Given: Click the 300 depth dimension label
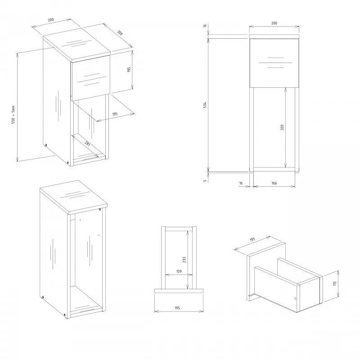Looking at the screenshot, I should (x=120, y=34).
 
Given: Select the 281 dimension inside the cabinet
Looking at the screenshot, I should (x=87, y=144).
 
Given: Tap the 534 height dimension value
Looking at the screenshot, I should (x=205, y=105).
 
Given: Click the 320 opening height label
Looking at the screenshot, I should (x=282, y=127).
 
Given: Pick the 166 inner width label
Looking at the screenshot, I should (x=274, y=183).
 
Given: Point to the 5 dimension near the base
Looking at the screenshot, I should (x=205, y=180).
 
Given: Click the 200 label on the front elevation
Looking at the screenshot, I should (x=274, y=23).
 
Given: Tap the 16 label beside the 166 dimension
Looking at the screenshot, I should (x=241, y=183).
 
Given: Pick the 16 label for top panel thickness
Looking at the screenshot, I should (x=205, y=26).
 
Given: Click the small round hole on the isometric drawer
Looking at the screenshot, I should (x=295, y=298).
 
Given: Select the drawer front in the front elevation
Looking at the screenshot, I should (x=274, y=63).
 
